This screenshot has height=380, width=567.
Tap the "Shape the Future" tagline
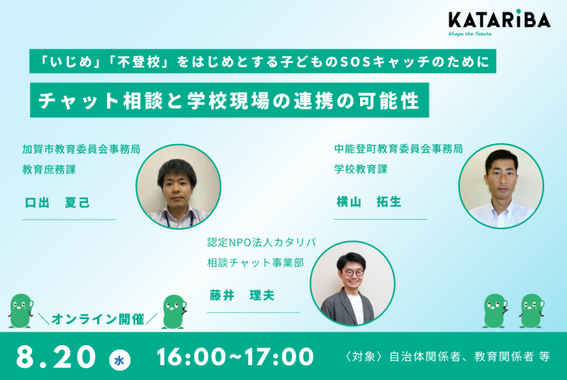[x=470, y=33]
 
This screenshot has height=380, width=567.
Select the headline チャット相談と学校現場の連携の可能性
[x=229, y=100]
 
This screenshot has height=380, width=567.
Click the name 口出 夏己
[x=57, y=203]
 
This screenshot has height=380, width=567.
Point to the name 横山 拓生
[x=369, y=201]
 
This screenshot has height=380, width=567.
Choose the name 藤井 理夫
[x=242, y=295]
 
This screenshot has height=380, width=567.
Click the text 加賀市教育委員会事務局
[x=81, y=149]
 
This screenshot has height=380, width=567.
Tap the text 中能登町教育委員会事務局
[x=398, y=148]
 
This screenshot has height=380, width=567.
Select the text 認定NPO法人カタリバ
[x=262, y=242]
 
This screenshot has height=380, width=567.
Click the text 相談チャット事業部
[x=256, y=262]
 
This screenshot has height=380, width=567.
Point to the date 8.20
[x=56, y=357]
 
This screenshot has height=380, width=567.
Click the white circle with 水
[x=120, y=359]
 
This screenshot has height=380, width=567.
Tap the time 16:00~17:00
[x=235, y=357]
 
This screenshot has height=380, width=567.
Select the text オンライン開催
[x=98, y=319]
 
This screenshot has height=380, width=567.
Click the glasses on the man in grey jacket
[x=353, y=273]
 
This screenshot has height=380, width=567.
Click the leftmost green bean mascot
[x=21, y=311]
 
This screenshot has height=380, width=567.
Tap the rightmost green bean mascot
[x=532, y=311]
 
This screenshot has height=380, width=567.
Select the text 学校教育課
[x=361, y=169]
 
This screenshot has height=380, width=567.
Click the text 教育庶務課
[x=49, y=169]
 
